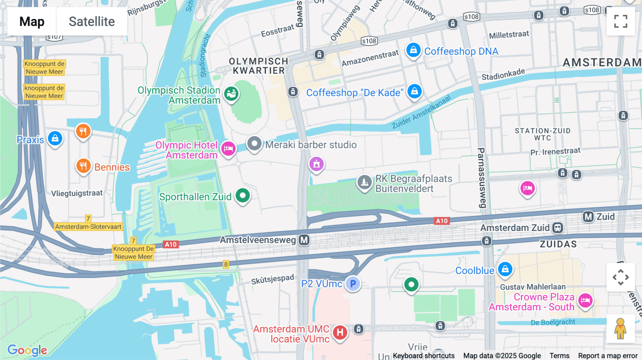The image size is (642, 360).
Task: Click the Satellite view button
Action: click(92, 21)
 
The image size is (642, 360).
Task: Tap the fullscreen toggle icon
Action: click(621, 21)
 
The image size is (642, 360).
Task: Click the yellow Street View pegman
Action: click(620, 329)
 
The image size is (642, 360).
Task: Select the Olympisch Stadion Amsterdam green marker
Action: click(231, 94)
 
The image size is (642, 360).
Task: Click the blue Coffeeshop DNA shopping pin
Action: click(413, 50)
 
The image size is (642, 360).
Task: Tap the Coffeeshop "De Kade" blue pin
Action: click(414, 92)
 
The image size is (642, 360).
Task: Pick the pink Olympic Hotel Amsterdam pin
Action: click(228, 148)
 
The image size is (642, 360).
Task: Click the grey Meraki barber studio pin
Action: click(254, 144)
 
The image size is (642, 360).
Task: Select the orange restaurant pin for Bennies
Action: click(83, 166)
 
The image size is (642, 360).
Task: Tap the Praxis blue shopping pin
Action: click(55, 138)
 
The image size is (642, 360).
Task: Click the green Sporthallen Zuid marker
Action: click(243, 195)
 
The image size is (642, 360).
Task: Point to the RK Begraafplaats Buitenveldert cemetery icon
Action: click(364, 182)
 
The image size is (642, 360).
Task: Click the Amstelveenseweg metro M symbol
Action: click(304, 240)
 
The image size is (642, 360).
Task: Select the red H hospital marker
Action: click(340, 333)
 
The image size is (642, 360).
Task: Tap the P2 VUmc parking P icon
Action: click(353, 284)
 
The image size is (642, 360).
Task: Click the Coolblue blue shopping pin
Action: click(505, 269)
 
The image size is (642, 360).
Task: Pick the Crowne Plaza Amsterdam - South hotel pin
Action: click(585, 300)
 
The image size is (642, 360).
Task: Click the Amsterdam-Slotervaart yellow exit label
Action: click(88, 227)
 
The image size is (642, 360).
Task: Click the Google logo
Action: click(27, 350)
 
